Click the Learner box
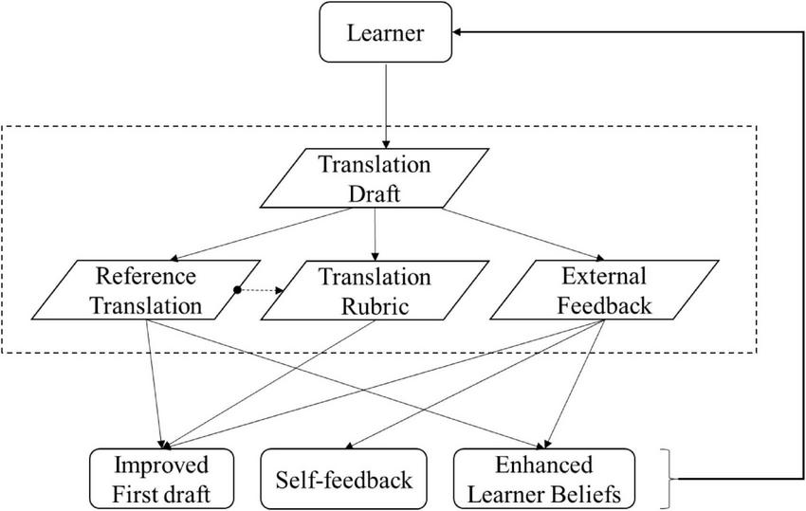coord(385,37)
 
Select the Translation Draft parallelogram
coord(375,177)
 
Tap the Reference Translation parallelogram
coord(146,291)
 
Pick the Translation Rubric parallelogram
coord(375,291)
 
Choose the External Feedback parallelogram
coord(603,291)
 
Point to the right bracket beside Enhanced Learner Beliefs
coord(674,479)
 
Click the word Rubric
coord(376,306)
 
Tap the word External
coord(604,277)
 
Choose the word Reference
coord(146,277)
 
